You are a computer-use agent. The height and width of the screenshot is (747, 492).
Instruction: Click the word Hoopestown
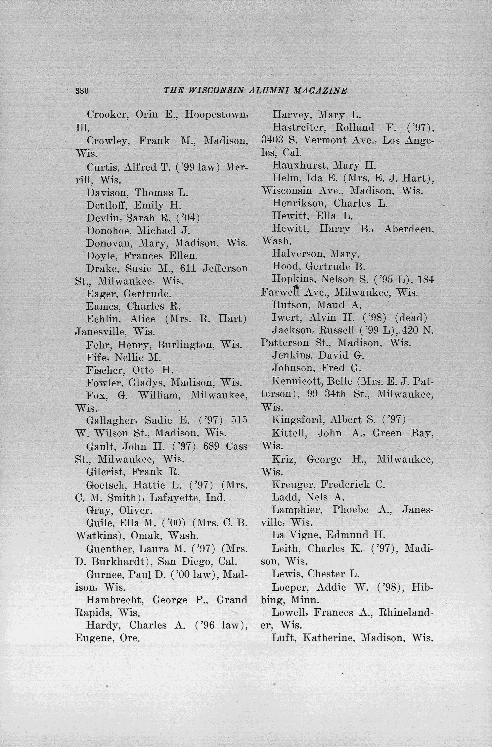[x=216, y=114]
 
